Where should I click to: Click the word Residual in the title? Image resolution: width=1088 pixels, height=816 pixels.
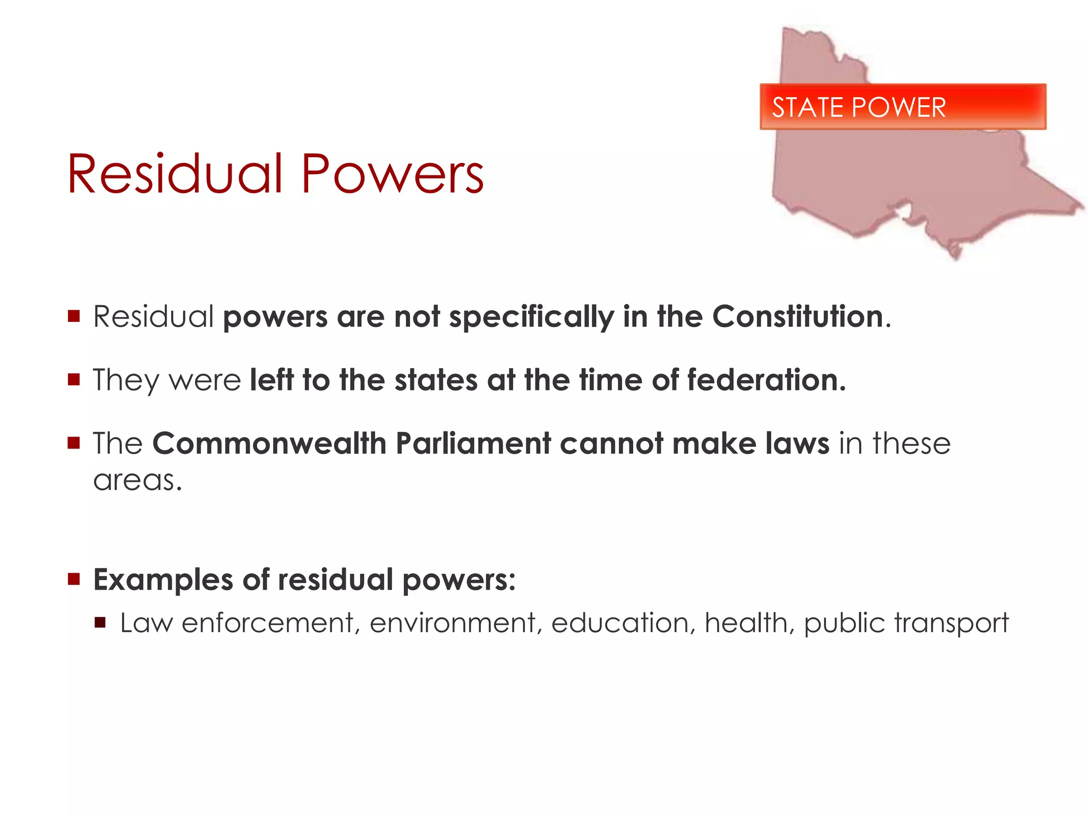(x=175, y=174)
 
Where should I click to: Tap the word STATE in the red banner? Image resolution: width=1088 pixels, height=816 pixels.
(x=808, y=107)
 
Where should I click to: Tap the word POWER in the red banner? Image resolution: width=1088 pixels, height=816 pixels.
(x=899, y=107)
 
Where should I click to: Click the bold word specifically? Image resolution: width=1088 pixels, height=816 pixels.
(x=531, y=318)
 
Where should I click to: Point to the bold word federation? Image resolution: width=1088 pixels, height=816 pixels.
(x=766, y=380)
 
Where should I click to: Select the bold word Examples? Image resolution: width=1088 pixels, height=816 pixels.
(x=163, y=580)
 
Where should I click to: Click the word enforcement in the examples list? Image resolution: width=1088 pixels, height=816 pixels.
(x=268, y=623)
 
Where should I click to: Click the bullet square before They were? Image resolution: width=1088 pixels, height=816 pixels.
(x=74, y=379)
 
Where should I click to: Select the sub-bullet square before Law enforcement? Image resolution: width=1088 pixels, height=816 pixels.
(x=100, y=622)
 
